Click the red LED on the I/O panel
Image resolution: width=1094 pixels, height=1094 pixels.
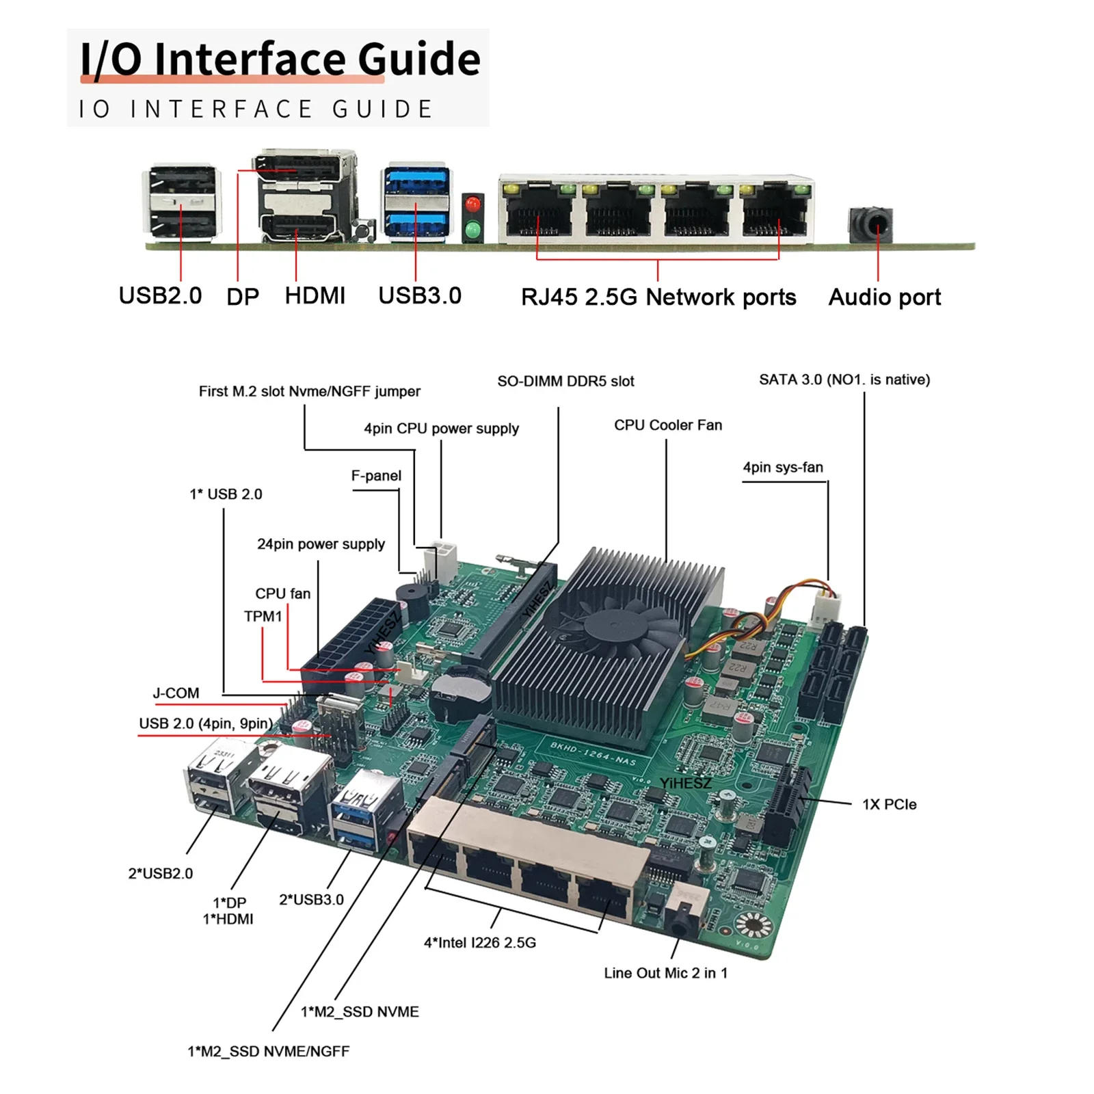pyautogui.click(x=472, y=204)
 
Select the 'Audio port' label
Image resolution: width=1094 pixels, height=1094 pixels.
pyautogui.click(x=884, y=297)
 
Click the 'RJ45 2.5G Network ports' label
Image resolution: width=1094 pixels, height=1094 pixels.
pyautogui.click(x=658, y=297)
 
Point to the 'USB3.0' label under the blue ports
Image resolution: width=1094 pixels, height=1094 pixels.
pyautogui.click(x=419, y=296)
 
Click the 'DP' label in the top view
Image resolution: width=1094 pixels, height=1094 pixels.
pyautogui.click(x=242, y=297)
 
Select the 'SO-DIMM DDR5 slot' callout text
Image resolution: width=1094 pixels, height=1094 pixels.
pyautogui.click(x=565, y=382)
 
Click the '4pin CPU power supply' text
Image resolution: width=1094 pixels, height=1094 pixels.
pyautogui.click(x=441, y=429)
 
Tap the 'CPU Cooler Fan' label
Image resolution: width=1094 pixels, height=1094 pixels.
pyautogui.click(x=667, y=425)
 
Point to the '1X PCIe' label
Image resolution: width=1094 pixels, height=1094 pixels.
pyautogui.click(x=888, y=805)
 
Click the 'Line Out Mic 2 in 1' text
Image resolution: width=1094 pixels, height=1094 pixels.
pyautogui.click(x=665, y=973)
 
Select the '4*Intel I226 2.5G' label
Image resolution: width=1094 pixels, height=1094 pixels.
pyautogui.click(x=479, y=943)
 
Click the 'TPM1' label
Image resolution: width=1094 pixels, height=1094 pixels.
pyautogui.click(x=263, y=617)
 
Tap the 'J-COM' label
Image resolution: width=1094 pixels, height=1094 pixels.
pyautogui.click(x=176, y=693)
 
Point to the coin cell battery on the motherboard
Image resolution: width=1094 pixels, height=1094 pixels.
pyautogui.click(x=462, y=687)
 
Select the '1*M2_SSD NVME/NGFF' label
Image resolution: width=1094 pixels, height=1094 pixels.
pyautogui.click(x=268, y=1052)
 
